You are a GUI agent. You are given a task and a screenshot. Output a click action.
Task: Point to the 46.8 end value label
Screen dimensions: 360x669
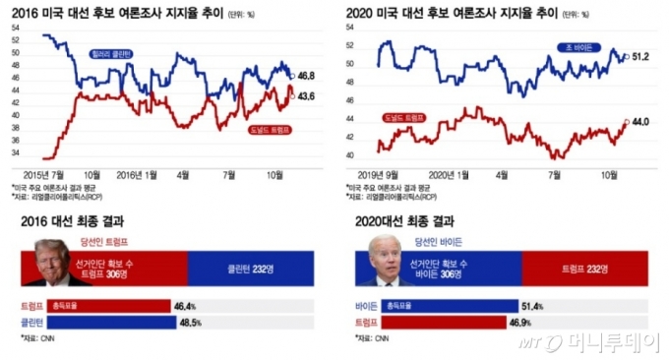click(x=306, y=75)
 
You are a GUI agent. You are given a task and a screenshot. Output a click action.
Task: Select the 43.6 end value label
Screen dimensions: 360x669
click(x=306, y=95)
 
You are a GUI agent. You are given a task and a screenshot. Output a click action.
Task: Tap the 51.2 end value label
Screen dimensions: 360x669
click(x=640, y=57)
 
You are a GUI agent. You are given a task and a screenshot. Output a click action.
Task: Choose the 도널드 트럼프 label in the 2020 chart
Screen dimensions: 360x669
click(x=402, y=117)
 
